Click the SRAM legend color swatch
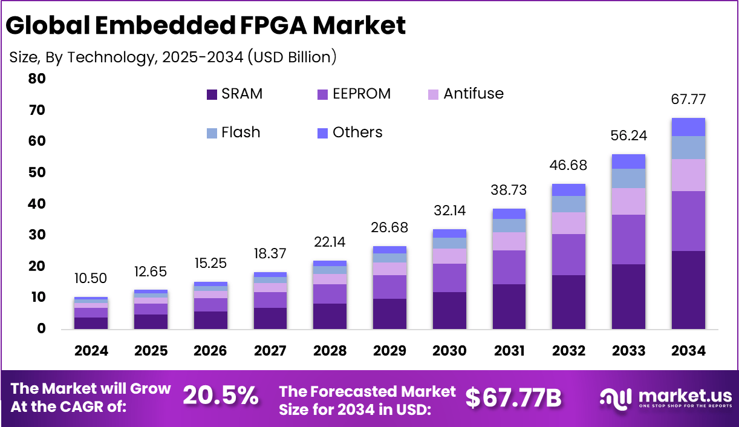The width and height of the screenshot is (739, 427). click(x=212, y=94)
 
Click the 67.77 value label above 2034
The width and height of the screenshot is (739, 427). click(x=688, y=100)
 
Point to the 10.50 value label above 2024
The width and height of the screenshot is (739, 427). click(x=91, y=278)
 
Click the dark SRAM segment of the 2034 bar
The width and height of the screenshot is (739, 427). click(x=688, y=290)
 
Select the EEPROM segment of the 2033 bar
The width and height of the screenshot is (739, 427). click(x=628, y=240)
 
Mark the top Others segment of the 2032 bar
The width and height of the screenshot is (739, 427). click(x=568, y=190)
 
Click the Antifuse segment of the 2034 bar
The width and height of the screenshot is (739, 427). click(x=688, y=175)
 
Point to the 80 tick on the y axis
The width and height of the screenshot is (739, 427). click(x=36, y=79)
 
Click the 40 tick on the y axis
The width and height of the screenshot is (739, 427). click(x=36, y=204)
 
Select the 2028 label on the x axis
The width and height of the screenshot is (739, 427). click(x=330, y=351)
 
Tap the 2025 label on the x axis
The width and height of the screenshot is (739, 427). click(x=151, y=351)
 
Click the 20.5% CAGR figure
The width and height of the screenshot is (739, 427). click(x=220, y=397)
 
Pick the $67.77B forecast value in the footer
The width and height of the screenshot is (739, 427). click(x=513, y=398)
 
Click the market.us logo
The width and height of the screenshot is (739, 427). click(x=665, y=398)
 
